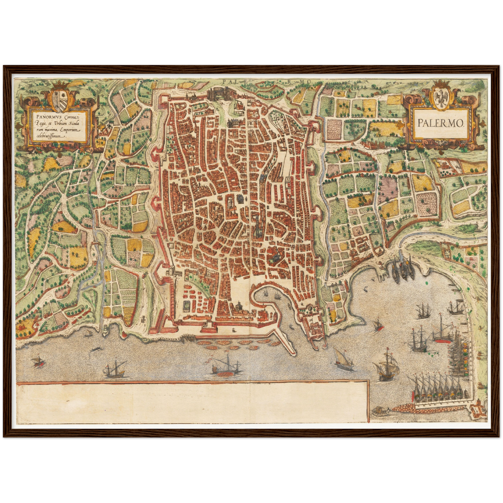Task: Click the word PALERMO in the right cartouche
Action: point(440,123)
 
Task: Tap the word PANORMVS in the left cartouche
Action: point(42,113)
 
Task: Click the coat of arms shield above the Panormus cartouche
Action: point(61,100)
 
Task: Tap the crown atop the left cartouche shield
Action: point(61,85)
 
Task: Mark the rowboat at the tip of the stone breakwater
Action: point(379,411)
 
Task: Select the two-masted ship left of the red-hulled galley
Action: point(115,370)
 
